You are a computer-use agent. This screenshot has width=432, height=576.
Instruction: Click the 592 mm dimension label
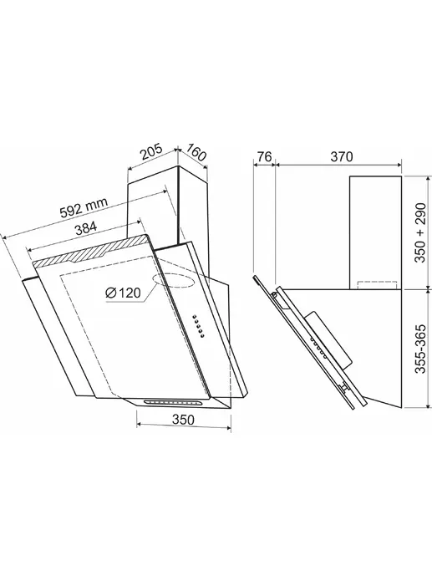84,208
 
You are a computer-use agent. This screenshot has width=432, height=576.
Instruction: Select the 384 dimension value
85,229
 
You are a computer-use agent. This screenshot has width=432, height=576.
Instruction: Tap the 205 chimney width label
151,152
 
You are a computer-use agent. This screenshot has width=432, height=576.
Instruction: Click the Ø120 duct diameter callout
123,293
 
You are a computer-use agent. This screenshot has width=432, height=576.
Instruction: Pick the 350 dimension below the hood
183,419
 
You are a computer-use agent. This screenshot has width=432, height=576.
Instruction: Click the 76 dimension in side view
264,157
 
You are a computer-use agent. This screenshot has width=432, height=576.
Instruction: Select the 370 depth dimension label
342,157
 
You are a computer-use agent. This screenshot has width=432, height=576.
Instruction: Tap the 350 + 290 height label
420,232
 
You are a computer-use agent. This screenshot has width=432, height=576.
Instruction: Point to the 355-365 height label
420,349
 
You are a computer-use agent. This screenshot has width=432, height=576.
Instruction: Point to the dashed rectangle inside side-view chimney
378,285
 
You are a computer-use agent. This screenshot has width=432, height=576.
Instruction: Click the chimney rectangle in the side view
376,232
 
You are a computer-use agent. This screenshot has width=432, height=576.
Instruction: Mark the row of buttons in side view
319,348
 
